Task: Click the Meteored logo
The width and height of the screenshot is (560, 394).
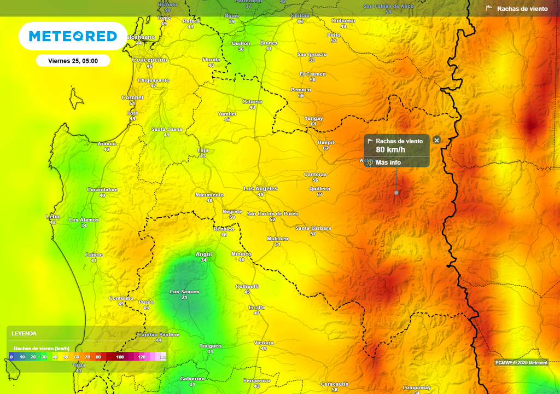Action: tap(73, 36)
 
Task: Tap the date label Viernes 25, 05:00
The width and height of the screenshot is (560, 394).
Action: tap(73, 61)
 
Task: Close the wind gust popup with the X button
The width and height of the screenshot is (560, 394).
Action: tap(436, 140)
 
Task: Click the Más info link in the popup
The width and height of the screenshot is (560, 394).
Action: tap(388, 163)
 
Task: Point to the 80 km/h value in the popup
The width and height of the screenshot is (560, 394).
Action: tap(390, 150)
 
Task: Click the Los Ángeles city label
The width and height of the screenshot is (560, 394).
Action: tap(260, 189)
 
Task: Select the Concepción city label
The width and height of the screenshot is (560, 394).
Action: tap(149, 60)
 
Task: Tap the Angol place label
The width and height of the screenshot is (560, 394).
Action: tap(203, 254)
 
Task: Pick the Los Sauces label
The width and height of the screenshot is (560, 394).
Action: tap(184, 292)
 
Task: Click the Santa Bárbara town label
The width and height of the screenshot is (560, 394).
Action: tap(313, 228)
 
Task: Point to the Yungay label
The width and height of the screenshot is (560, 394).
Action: tap(313, 118)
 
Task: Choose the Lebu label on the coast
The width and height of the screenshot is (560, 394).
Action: tap(52, 217)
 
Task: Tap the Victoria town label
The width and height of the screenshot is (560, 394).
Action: tap(264, 343)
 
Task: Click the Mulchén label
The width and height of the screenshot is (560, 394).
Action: tap(277, 239)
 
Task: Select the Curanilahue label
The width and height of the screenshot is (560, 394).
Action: tap(102, 189)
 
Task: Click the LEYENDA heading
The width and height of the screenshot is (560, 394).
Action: tap(24, 333)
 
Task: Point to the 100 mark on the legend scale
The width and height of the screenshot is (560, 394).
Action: tap(120, 357)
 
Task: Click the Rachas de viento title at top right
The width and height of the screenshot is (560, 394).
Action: tap(522, 9)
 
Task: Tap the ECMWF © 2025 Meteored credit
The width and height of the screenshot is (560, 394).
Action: tap(521, 363)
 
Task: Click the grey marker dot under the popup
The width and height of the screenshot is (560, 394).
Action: tap(396, 193)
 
